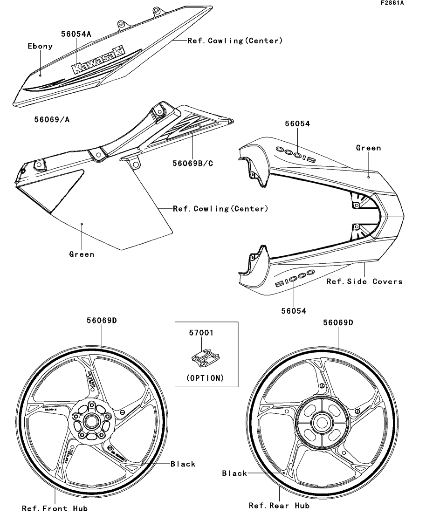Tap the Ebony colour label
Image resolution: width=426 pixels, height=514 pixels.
pyautogui.click(x=40, y=47)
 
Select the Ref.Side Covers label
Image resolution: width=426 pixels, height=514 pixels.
pyautogui.click(x=364, y=281)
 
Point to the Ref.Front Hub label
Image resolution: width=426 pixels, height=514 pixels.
pyautogui.click(x=55, y=508)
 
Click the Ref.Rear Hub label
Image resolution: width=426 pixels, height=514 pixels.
pyautogui.click(x=279, y=505)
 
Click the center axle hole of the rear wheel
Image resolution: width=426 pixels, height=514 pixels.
pyautogui.click(x=320, y=422)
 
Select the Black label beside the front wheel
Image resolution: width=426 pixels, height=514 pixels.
pyautogui.click(x=183, y=464)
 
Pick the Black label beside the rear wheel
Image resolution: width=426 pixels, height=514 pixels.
pyautogui.click(x=234, y=473)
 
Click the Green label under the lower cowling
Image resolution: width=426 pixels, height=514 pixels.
pyautogui.click(x=82, y=254)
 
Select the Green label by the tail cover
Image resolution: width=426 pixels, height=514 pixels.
pyautogui.click(x=368, y=148)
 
